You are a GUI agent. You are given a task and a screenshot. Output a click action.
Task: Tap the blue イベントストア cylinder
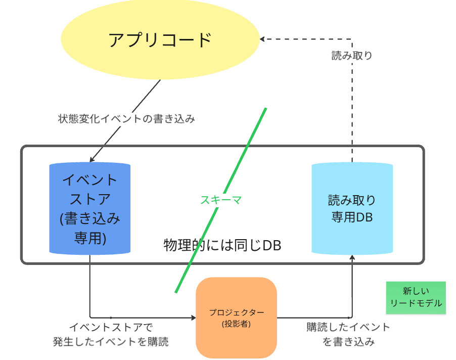point(90,208)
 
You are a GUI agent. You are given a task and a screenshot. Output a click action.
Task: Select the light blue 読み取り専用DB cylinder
point(352,208)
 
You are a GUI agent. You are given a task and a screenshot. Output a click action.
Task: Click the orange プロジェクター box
point(237,318)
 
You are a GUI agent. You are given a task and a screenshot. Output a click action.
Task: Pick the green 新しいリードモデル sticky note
point(416,298)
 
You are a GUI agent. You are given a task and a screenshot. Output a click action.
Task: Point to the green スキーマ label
point(221,200)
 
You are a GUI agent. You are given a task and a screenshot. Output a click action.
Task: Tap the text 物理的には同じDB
point(222,245)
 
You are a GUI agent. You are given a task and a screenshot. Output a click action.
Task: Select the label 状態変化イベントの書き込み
point(126,120)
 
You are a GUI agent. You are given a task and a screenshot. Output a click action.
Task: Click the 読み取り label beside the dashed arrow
point(352,56)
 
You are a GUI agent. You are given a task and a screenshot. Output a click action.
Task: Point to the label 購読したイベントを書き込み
point(349,334)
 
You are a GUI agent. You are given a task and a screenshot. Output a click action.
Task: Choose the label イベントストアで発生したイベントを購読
point(111,334)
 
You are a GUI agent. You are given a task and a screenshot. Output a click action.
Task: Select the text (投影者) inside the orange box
point(237,324)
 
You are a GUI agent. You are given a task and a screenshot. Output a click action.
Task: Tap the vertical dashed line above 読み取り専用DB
point(352,101)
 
